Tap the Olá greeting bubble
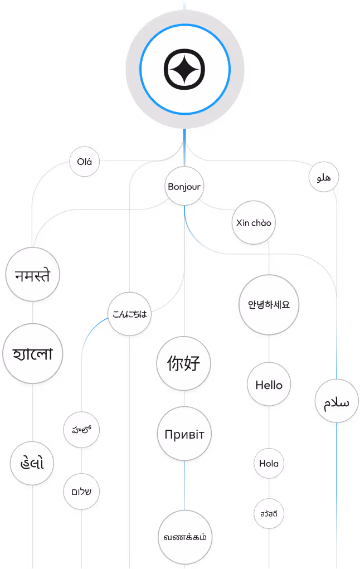point(84,163)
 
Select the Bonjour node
point(184,187)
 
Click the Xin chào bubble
point(254,223)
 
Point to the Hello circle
point(269,385)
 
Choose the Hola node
point(269,464)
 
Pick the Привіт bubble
point(184,435)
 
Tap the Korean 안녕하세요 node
point(269,305)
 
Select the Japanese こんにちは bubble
point(129,314)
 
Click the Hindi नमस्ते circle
point(33,276)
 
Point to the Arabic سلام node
point(336,402)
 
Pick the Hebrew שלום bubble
point(81,492)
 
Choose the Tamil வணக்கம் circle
point(185,537)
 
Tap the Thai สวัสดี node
point(269,513)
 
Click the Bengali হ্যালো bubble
point(33,354)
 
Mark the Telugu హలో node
point(81,430)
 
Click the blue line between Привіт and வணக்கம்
point(184,485)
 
